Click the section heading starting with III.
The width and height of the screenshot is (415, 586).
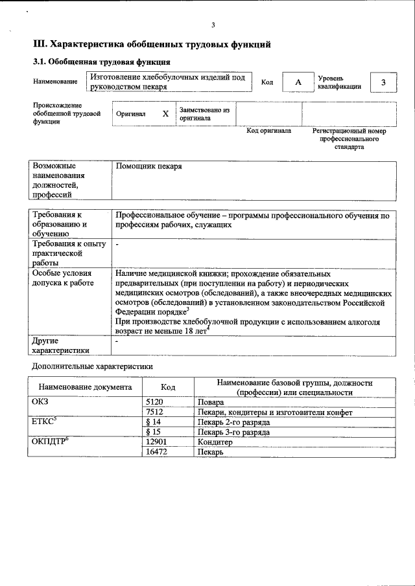152,45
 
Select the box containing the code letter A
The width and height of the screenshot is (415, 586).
298,82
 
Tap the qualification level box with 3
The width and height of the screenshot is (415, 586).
383,82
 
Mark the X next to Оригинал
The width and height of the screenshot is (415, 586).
165,113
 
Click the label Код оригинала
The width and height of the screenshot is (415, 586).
269,131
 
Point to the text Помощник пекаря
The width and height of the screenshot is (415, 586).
148,166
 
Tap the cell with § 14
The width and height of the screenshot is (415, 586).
153,422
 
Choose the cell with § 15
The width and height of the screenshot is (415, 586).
153,432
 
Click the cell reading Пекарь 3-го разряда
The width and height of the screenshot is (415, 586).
233,432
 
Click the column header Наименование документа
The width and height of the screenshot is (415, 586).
85,387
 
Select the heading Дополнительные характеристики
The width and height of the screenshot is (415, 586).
92,366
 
